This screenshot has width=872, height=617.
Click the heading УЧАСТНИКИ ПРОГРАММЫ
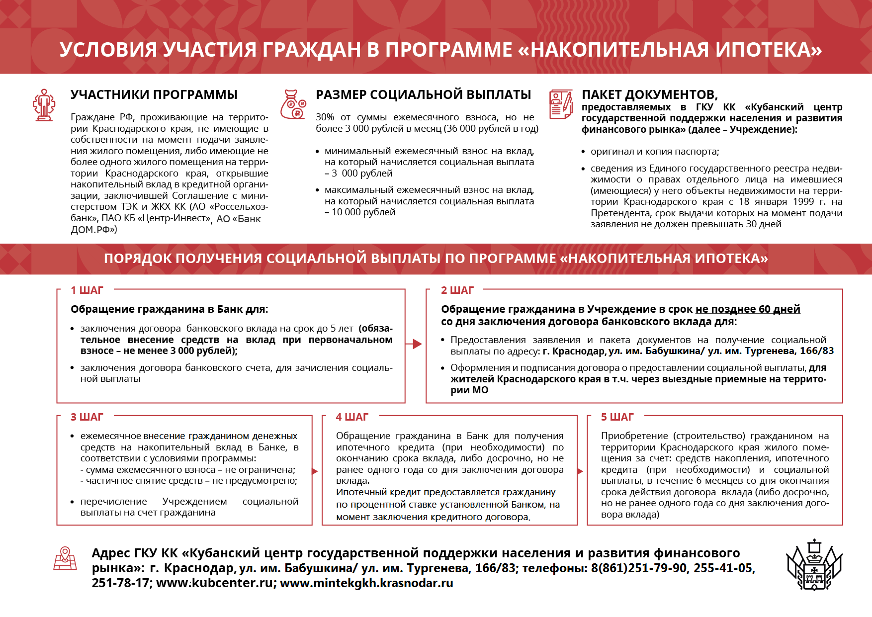154,94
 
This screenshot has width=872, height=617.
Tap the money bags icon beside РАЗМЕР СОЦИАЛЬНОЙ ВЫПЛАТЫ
293,104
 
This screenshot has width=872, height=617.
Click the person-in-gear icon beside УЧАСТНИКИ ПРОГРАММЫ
44,105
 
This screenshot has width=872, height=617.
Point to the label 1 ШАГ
87,290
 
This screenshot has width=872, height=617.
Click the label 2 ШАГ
457,290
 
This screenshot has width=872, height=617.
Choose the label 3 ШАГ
87,417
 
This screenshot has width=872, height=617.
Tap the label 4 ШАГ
352,417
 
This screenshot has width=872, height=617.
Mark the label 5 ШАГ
617,417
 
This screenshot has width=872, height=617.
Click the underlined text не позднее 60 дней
748,309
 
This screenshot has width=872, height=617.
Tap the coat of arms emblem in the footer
814,565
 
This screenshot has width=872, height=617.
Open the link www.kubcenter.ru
216,583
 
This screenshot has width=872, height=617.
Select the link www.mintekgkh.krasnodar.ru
366,583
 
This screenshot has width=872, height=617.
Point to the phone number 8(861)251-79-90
638,568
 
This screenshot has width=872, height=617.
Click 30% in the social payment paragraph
325,117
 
